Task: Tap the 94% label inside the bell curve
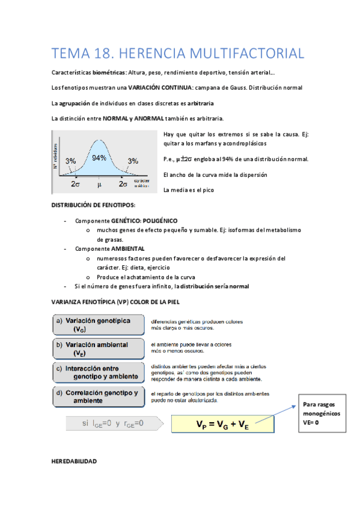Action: pos(99,158)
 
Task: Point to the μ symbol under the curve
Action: pos(100,183)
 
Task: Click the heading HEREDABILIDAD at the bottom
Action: pos(75,461)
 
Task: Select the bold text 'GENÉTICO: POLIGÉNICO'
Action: pos(144,221)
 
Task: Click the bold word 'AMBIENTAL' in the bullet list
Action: pos(128,248)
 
